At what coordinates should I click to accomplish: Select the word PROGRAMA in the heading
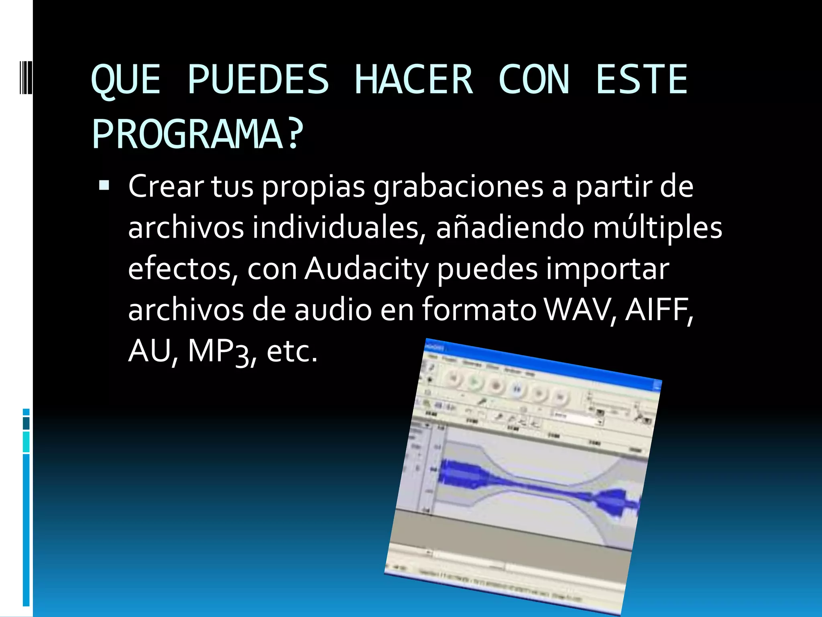point(187,135)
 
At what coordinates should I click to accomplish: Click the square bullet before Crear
point(104,185)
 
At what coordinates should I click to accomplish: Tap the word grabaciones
point(458,187)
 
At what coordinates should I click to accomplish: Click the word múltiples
point(657,228)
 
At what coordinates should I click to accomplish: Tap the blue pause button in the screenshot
point(517,389)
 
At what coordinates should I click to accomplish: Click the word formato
point(479,310)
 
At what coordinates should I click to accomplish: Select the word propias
point(313,187)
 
